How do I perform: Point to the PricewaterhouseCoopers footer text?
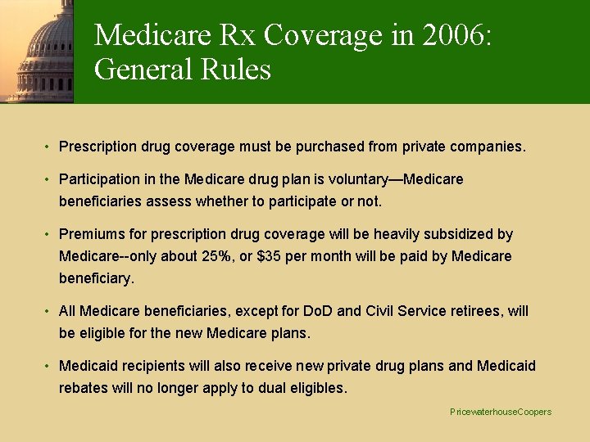[501, 412]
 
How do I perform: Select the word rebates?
[85, 387]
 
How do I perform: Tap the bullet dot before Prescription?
[48, 147]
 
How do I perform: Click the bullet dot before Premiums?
[48, 234]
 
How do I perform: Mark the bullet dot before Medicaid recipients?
[48, 366]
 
